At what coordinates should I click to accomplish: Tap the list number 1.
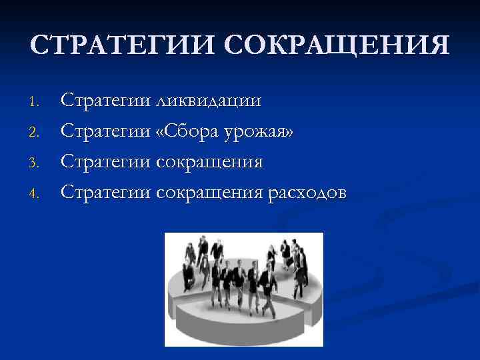click(x=36, y=102)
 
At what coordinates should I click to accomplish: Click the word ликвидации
click(x=208, y=101)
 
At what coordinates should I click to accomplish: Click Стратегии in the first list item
click(x=105, y=101)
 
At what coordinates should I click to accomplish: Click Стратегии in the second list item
click(x=105, y=132)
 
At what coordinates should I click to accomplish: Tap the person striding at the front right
click(x=267, y=290)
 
